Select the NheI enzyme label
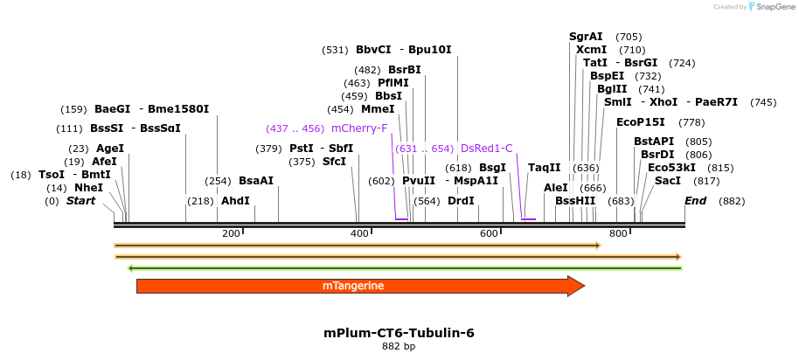[x=88, y=188]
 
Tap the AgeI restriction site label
[x=110, y=149]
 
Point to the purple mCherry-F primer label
[x=359, y=128]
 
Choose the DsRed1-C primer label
[x=486, y=149]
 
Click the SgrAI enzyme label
[x=586, y=37]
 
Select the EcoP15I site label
[x=641, y=122]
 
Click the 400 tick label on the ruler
[x=360, y=233]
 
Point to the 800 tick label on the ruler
[x=619, y=233]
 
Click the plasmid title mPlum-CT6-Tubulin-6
[x=399, y=333]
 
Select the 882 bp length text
[x=399, y=347]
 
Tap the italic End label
[x=695, y=201]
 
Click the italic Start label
[x=81, y=201]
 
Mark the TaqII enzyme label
[x=545, y=168]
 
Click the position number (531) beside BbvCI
[x=335, y=50]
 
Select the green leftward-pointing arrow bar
[x=404, y=267]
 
